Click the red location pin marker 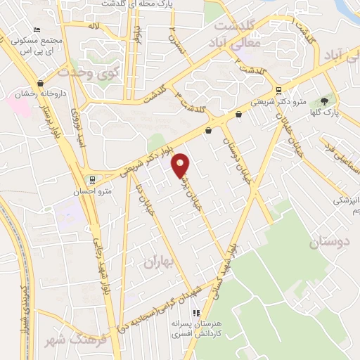pyautogui.click(x=181, y=165)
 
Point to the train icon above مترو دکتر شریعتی pyautogui.click(x=279, y=90)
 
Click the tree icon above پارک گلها pyautogui.click(x=324, y=101)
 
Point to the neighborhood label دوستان pyautogui.click(x=328, y=243)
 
